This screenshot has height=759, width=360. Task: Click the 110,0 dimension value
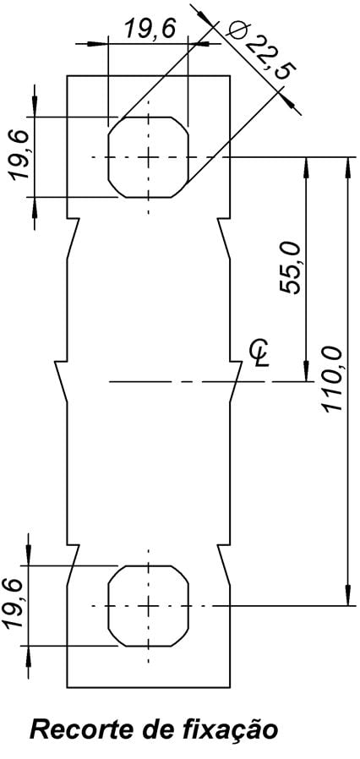coord(334,379)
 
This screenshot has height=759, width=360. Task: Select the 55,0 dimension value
coord(291,267)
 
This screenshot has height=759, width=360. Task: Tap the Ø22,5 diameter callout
coord(260,49)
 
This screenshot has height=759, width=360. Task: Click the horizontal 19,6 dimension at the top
coord(150,29)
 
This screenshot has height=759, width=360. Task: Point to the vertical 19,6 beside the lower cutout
coord(15,603)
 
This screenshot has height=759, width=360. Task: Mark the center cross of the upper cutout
coord(148,157)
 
